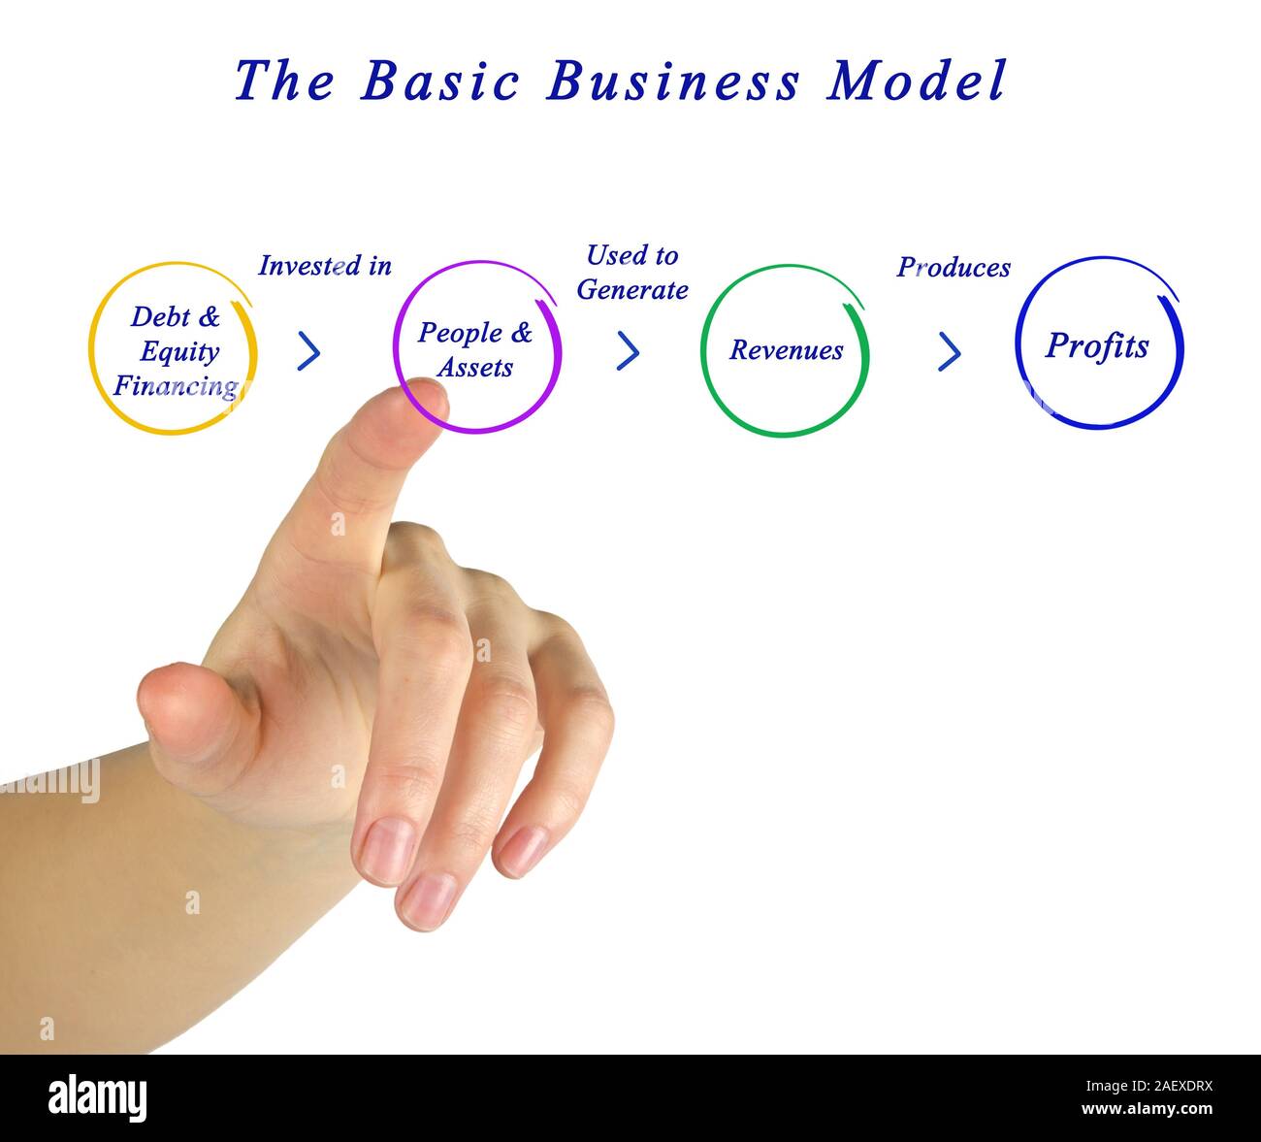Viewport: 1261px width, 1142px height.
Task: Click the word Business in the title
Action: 673,81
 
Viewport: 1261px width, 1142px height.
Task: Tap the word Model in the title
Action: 917,81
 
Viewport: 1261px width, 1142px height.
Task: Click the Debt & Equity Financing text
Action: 176,351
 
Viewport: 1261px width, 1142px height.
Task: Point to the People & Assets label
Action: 475,349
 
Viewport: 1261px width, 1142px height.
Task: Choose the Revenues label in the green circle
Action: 786,350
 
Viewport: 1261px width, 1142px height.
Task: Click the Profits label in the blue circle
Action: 1097,346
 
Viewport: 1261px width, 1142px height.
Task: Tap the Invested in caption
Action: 325,266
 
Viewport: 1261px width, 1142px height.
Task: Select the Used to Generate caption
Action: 632,273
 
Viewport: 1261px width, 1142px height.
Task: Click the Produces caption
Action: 954,268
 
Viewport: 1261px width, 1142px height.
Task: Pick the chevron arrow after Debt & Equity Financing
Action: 308,351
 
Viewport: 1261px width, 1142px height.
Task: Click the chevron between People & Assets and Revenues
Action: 628,351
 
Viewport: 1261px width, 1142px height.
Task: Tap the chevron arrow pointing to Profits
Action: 949,351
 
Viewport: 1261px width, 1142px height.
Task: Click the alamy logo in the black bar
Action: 98,1098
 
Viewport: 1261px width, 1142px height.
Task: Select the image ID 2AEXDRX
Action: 1164,1088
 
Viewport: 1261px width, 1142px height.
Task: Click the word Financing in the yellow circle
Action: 176,386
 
